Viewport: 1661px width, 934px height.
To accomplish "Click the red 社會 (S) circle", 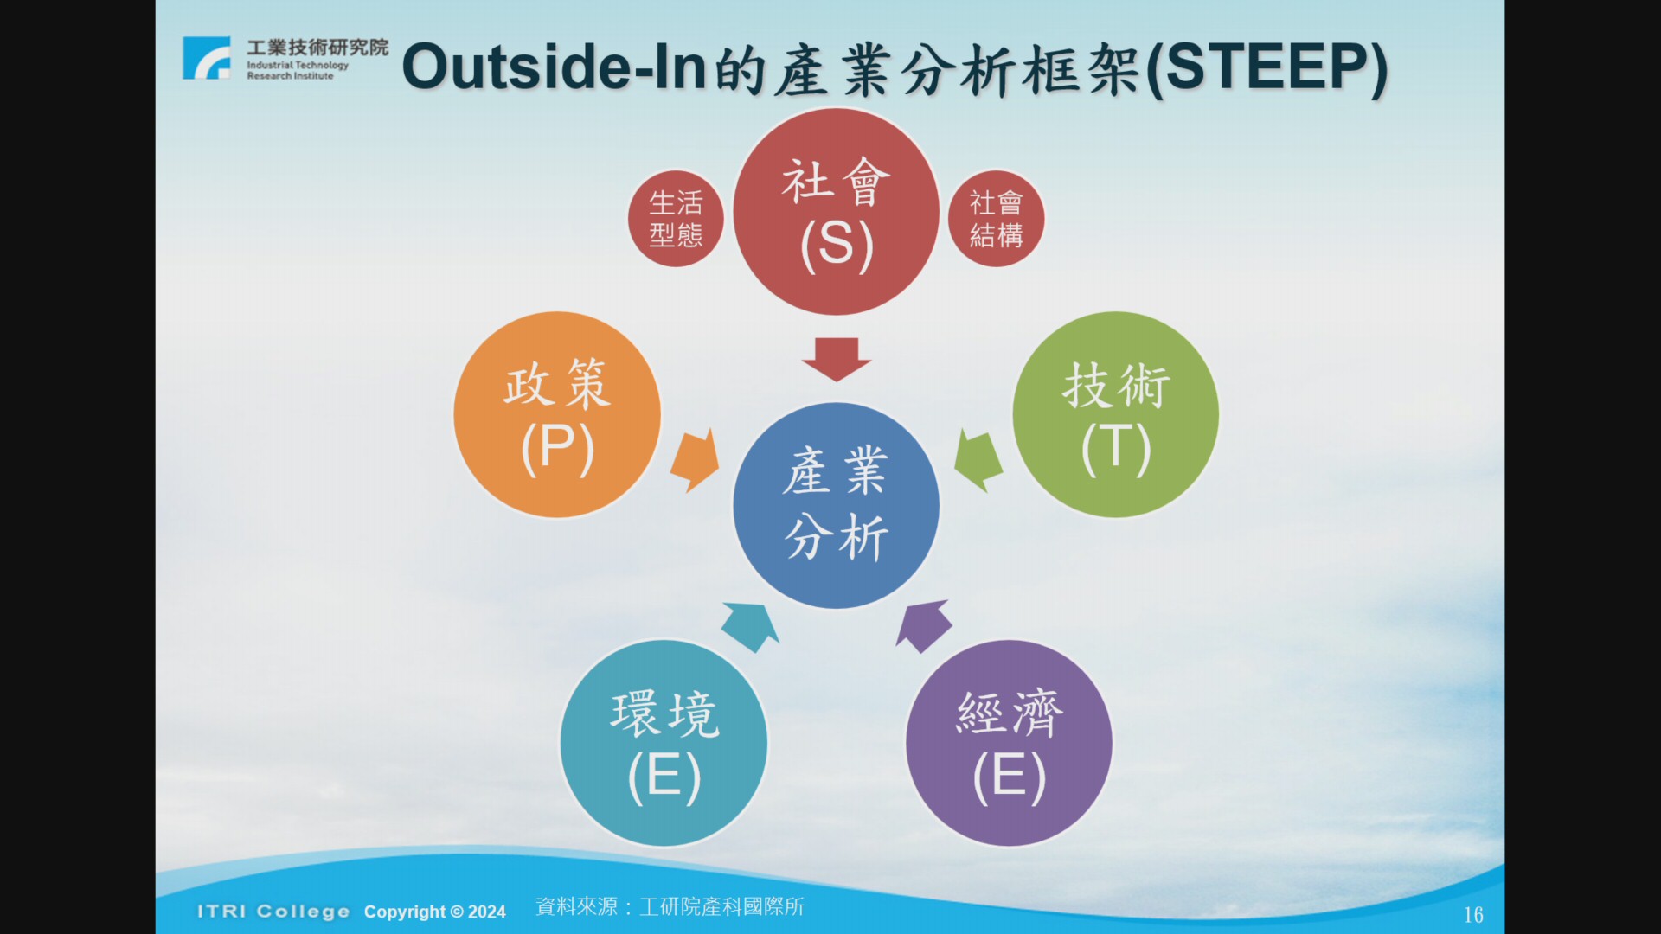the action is pos(836,212).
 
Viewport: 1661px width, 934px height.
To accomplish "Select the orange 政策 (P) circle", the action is pos(557,415).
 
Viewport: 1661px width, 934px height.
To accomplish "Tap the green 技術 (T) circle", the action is pos(1116,415).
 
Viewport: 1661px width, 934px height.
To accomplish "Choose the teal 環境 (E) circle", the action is pos(664,743).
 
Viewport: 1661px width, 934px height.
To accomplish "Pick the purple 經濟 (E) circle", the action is pos(1009,743).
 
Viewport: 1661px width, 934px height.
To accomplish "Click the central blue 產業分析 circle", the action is pos(836,505).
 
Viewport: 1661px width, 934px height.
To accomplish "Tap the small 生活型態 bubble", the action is pos(677,219).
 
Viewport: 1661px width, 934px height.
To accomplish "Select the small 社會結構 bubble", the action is pos(996,219).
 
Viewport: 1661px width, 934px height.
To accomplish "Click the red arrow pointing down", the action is pos(836,359).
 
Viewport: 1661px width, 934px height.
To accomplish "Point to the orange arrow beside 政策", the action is pos(696,460).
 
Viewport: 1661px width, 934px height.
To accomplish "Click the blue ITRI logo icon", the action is pos(207,58).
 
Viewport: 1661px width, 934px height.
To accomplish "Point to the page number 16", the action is pos(1473,915).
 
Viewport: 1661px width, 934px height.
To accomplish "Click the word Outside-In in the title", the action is pos(555,67).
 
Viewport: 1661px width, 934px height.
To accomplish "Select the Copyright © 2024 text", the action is pos(434,912).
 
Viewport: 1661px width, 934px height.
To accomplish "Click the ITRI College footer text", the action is pos(273,912).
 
